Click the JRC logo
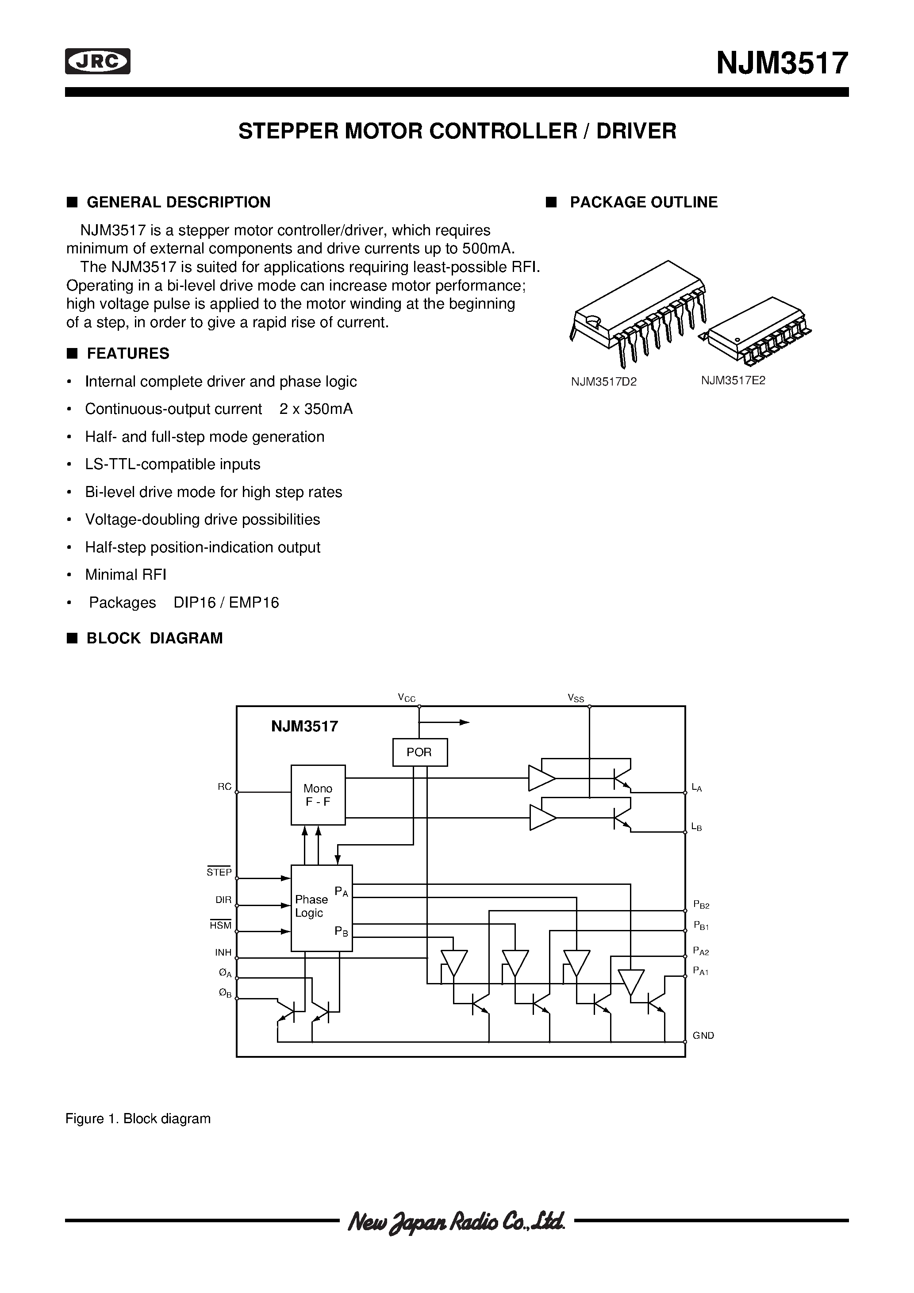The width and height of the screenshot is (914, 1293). (x=97, y=61)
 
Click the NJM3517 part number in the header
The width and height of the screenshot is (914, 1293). (x=782, y=63)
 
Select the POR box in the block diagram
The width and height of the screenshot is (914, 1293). (x=419, y=752)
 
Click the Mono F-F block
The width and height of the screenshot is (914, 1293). (x=318, y=795)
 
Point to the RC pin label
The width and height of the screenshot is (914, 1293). (x=224, y=787)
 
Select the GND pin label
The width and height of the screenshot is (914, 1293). (x=703, y=1035)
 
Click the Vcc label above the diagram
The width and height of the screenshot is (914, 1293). (x=406, y=698)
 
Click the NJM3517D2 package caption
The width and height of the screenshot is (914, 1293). (x=603, y=382)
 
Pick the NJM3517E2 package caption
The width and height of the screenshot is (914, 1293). (x=733, y=380)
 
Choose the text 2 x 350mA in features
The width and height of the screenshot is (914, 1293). (x=315, y=409)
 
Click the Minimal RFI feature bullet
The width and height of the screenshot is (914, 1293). (x=125, y=574)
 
